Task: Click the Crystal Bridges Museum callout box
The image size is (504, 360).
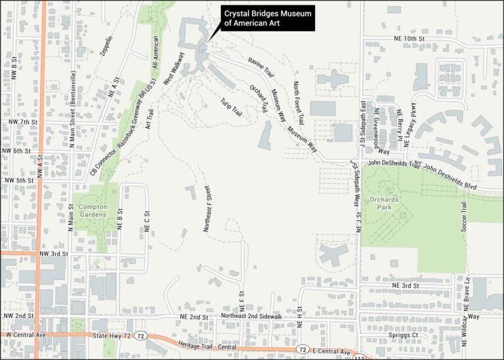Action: [266, 18]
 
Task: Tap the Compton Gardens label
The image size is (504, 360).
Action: [93, 210]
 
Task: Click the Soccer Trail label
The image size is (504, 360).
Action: [463, 216]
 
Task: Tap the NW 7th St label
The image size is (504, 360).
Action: [24, 123]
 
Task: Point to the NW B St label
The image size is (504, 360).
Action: [14, 70]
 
